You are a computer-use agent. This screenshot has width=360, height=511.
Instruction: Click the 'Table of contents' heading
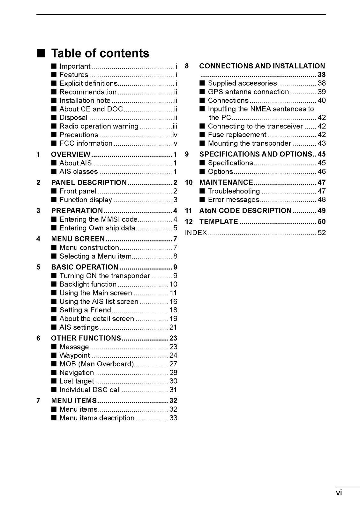(x=100, y=53)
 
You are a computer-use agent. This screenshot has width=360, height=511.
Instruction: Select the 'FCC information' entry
(x=86, y=143)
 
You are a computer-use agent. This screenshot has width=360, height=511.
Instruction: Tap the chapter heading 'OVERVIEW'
(x=71, y=155)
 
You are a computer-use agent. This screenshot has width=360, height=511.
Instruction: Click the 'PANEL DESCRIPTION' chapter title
(x=89, y=183)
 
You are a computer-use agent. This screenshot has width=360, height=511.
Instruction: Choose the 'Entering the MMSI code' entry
(x=98, y=219)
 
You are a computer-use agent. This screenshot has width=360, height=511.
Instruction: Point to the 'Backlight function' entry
(x=88, y=284)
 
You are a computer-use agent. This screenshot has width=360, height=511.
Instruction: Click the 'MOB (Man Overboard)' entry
(x=97, y=364)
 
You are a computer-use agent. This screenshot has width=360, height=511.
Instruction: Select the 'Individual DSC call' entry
(x=90, y=390)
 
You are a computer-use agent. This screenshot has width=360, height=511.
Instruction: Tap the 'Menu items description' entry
(x=97, y=418)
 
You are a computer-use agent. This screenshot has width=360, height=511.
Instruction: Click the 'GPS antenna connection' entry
(x=248, y=92)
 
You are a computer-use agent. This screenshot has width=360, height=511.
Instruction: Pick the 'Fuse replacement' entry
(x=237, y=135)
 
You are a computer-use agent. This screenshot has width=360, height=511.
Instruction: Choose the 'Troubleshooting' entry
(x=234, y=191)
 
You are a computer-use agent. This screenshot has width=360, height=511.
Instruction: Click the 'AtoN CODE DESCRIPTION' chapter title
(x=245, y=211)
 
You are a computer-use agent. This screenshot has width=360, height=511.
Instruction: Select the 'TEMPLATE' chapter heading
(x=219, y=222)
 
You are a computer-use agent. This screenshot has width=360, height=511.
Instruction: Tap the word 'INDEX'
(x=196, y=233)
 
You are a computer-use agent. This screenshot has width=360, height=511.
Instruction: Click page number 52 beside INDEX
(x=322, y=233)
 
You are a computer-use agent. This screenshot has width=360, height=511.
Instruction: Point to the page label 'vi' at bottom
(x=339, y=493)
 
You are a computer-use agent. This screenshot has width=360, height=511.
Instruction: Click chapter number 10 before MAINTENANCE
(x=189, y=183)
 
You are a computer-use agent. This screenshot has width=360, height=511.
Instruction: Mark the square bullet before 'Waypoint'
(x=54, y=355)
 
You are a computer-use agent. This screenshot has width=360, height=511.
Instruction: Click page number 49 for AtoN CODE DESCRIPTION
(x=322, y=211)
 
